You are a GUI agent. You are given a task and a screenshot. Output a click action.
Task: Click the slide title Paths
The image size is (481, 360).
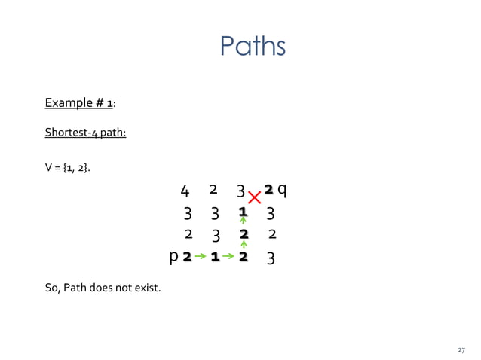tap(253, 47)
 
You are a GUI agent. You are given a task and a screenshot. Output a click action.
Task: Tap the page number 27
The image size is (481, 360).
tap(461, 350)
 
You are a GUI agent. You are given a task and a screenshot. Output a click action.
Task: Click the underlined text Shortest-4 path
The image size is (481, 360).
tap(84, 133)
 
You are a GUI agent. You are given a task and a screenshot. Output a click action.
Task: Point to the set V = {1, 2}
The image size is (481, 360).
tap(68, 166)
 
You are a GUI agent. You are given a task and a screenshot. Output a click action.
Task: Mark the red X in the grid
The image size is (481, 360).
tap(255, 197)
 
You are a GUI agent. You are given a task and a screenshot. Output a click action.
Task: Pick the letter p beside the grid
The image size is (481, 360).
tap(174, 257)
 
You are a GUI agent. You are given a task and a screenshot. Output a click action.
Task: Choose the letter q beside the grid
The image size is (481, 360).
tap(281, 188)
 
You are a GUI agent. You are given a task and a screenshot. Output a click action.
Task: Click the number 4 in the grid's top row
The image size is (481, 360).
tap(185, 190)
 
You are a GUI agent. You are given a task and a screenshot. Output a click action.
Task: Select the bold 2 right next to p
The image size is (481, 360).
tap(187, 258)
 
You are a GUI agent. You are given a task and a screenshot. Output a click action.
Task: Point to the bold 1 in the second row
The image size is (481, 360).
tap(243, 212)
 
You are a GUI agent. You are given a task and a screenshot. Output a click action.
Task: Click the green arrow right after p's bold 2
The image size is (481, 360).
tap(201, 258)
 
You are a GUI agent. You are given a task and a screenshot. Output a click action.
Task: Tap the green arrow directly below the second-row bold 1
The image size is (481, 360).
tap(243, 222)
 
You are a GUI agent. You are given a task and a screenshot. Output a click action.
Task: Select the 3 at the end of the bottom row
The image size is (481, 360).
tap(271, 258)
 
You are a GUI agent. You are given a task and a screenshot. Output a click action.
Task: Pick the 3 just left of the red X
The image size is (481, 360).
tap(240, 190)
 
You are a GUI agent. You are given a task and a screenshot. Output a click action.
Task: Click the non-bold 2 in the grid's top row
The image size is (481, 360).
tap(213, 188)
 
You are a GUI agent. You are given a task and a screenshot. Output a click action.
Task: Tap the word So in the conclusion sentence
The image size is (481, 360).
tap(52, 286)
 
